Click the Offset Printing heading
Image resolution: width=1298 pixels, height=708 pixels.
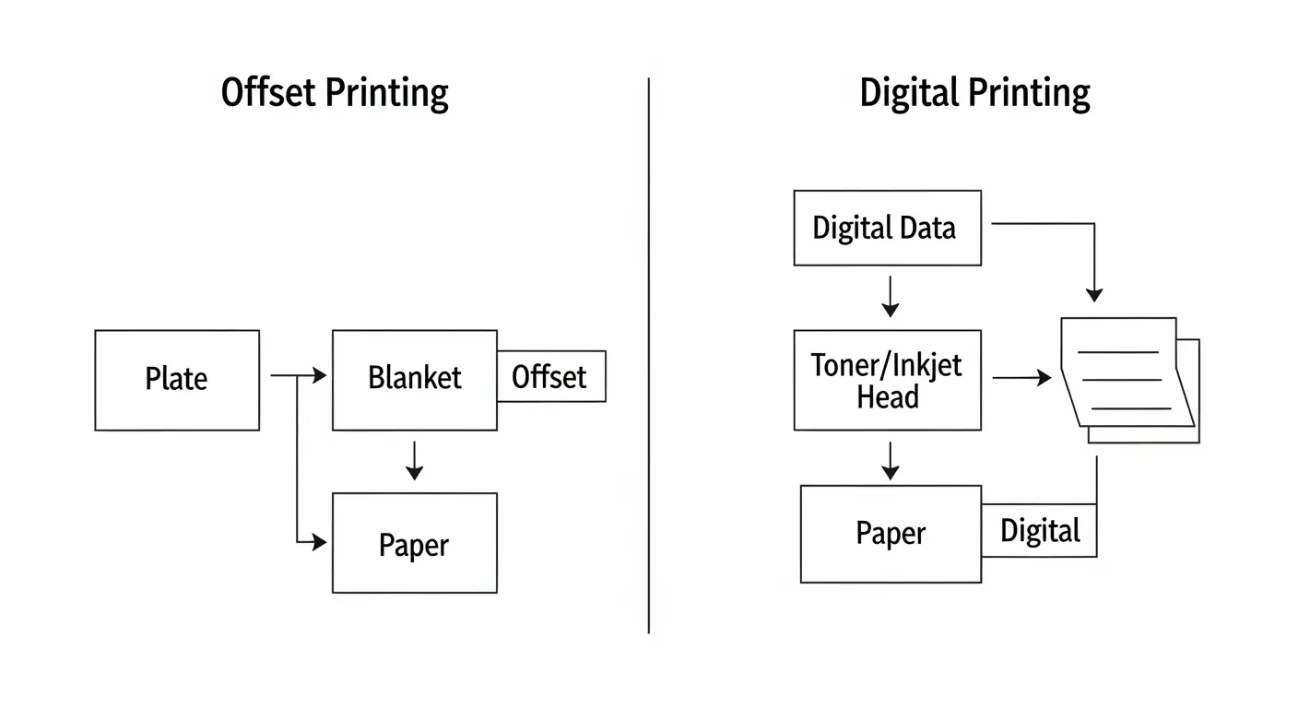click(335, 94)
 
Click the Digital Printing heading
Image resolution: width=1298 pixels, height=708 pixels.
click(974, 94)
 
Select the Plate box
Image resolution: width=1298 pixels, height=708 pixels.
click(177, 380)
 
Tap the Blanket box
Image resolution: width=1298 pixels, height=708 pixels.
click(414, 379)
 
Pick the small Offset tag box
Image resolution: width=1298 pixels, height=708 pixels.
click(551, 376)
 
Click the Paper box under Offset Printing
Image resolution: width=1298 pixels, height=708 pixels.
click(414, 543)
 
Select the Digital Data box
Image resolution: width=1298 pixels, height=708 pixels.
click(887, 228)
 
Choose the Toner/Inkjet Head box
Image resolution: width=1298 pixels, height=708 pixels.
click(887, 380)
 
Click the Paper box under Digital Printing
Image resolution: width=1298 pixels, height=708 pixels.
click(891, 534)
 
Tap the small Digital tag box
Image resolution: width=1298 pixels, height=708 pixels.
click(1040, 531)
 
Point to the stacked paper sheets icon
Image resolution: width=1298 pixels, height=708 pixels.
click(1129, 378)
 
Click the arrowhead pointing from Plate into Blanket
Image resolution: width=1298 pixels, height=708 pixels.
click(319, 375)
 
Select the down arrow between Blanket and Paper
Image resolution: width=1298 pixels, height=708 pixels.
click(415, 461)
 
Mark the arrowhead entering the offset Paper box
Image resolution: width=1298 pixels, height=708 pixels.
click(319, 543)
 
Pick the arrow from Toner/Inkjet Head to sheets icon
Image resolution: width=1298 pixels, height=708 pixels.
click(1022, 377)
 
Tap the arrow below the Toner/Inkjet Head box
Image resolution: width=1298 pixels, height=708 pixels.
click(890, 461)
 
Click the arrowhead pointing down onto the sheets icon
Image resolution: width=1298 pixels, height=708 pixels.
click(1094, 294)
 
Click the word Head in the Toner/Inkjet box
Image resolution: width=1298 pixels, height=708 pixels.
click(887, 397)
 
